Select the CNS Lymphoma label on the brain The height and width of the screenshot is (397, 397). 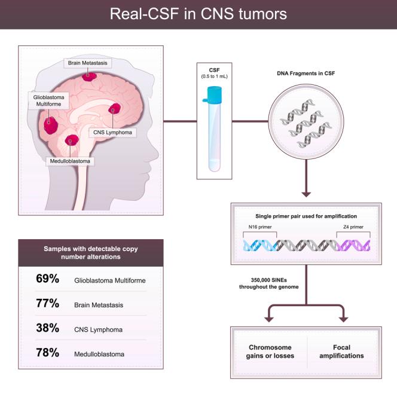tap(112, 132)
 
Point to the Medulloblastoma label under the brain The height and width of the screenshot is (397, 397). tap(72, 160)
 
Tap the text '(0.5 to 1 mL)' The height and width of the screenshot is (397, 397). tap(214, 77)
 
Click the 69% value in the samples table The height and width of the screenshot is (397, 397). tap(47, 279)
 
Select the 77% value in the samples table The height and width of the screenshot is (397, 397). tap(47, 304)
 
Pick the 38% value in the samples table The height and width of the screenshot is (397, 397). tap(47, 328)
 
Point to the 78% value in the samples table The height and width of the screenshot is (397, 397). tap(47, 353)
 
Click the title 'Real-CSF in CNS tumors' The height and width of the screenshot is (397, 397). tap(198, 14)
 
